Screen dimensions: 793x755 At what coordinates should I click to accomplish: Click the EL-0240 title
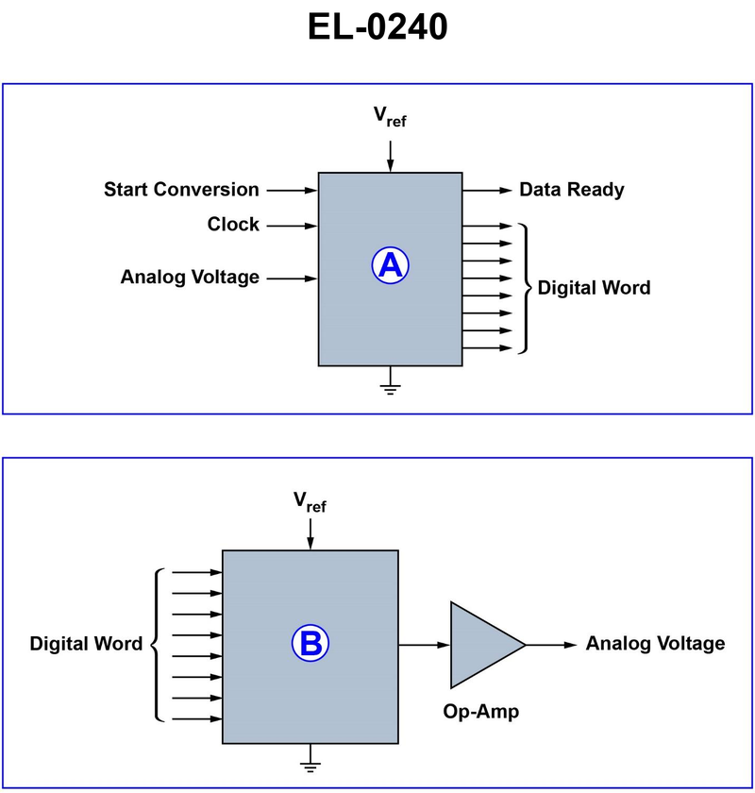(377, 26)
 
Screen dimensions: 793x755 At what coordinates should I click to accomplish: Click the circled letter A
(390, 266)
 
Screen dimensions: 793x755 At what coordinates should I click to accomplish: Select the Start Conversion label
(181, 190)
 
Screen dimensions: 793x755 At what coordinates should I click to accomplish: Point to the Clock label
(233, 225)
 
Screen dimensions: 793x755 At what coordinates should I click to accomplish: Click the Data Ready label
(572, 190)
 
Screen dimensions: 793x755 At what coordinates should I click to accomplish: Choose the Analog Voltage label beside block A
(190, 278)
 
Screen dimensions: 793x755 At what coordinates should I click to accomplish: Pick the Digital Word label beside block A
(594, 288)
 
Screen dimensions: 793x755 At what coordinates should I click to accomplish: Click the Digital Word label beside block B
(86, 644)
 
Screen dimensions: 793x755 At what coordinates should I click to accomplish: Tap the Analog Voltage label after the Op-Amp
(655, 644)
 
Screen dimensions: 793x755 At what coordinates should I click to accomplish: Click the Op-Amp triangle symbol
(481, 645)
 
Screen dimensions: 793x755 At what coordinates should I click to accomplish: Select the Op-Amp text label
(481, 712)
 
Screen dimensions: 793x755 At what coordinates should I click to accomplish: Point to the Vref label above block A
(390, 116)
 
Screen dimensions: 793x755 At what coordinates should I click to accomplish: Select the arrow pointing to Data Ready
(485, 190)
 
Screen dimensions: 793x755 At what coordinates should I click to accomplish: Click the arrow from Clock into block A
(292, 225)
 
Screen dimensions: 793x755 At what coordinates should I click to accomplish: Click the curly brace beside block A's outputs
(522, 287)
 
